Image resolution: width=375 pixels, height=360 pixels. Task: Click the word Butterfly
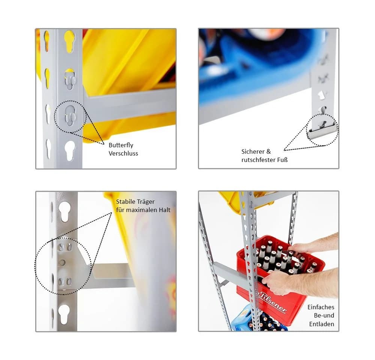121,145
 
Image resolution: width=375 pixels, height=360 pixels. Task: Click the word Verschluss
123,153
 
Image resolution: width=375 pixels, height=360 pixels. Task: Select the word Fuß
282,159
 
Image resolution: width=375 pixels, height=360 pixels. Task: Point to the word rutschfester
258,159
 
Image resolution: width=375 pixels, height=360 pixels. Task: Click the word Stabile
126,202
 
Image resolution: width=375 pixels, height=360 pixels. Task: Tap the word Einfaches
321,307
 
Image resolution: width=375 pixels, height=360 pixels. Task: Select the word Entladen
322,324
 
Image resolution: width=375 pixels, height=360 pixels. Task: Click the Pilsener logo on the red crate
272,301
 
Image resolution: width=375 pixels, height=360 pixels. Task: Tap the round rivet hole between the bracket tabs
62,262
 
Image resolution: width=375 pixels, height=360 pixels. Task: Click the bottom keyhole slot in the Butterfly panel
70,150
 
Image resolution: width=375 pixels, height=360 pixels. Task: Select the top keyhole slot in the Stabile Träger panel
64,211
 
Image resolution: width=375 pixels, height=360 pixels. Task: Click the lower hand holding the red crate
299,282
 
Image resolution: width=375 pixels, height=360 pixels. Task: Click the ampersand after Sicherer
268,151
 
